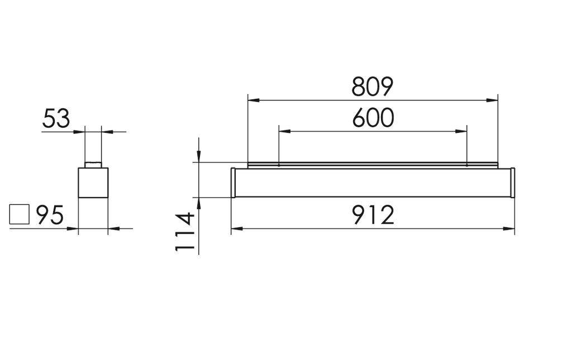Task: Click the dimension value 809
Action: click(373, 87)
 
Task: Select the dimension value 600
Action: click(373, 118)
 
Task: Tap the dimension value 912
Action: click(373, 215)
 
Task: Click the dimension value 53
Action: click(56, 119)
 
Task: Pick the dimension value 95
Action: click(50, 215)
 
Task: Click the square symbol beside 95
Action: click(20, 214)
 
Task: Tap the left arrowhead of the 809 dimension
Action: click(253, 100)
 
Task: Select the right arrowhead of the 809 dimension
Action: click(492, 100)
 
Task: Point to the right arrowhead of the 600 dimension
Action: click(461, 132)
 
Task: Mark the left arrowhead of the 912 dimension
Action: click(237, 228)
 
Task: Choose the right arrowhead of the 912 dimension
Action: click(509, 228)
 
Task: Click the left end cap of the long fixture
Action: click(233, 183)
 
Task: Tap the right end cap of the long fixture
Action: click(512, 183)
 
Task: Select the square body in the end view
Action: click(93, 183)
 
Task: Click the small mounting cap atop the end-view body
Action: click(93, 165)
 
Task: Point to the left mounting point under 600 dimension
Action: click(279, 165)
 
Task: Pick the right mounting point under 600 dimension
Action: click(466, 165)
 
